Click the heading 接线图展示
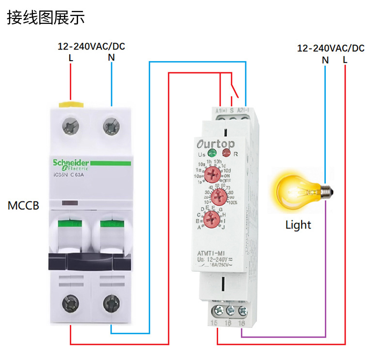(46, 18)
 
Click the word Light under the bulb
(298, 225)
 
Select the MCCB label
(23, 205)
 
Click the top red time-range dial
(212, 173)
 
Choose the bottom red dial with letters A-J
(211, 219)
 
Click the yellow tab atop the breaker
(71, 103)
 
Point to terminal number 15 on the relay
(214, 322)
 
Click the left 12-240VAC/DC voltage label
(91, 47)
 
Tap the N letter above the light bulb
(325, 60)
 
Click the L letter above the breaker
(71, 58)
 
